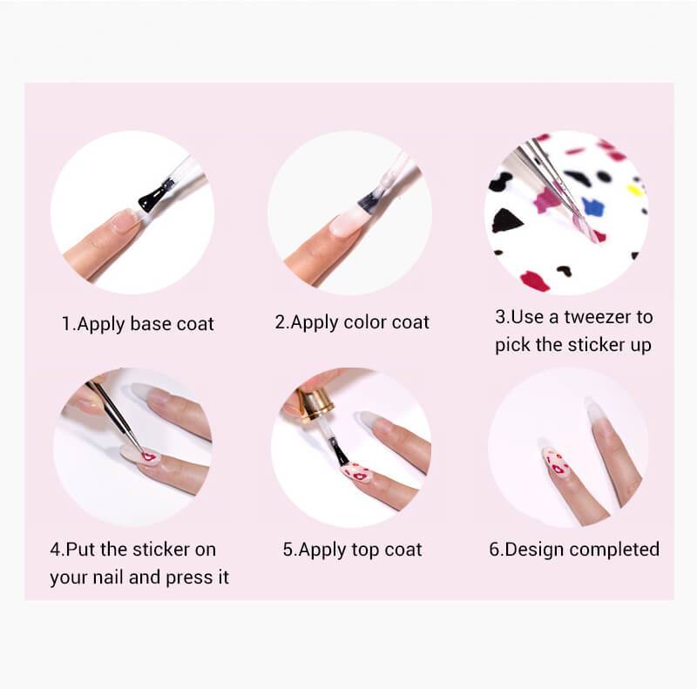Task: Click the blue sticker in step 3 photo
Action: click(x=594, y=208)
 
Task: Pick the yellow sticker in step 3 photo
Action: click(x=635, y=190)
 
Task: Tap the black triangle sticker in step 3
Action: click(x=506, y=220)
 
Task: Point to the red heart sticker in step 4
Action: click(x=148, y=456)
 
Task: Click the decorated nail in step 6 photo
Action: click(x=555, y=463)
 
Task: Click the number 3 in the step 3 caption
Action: click(x=500, y=317)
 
